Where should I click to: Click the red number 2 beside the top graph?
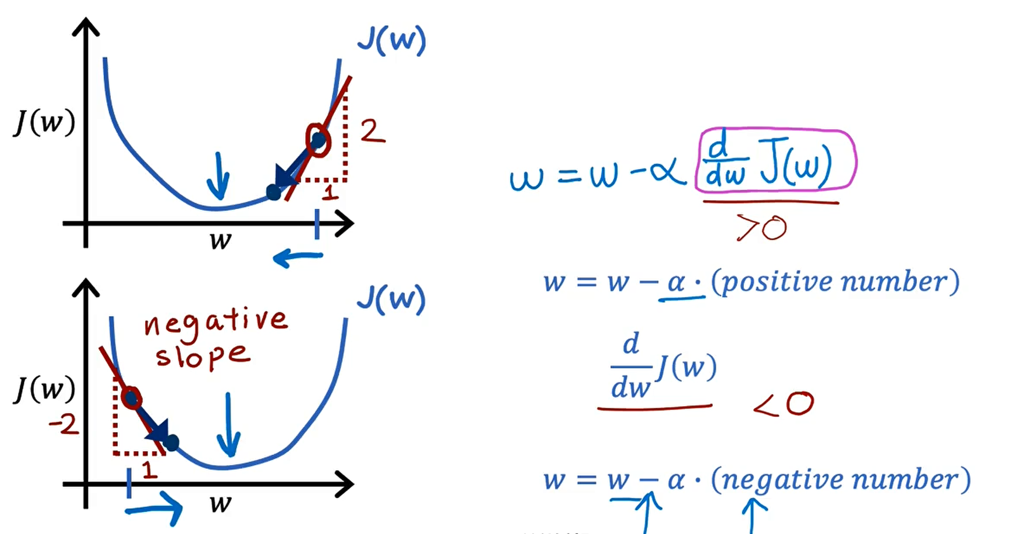point(373,131)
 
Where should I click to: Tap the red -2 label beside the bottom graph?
point(64,425)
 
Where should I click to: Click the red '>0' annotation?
point(762,228)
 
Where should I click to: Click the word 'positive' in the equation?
point(777,282)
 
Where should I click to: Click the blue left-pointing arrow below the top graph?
point(298,258)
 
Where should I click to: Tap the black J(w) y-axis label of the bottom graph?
point(44,389)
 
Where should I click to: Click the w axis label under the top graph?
point(221,240)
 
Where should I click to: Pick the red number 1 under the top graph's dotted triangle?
point(330,193)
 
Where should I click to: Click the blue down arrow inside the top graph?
point(218,177)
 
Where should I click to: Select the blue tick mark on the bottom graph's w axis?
point(129,483)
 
